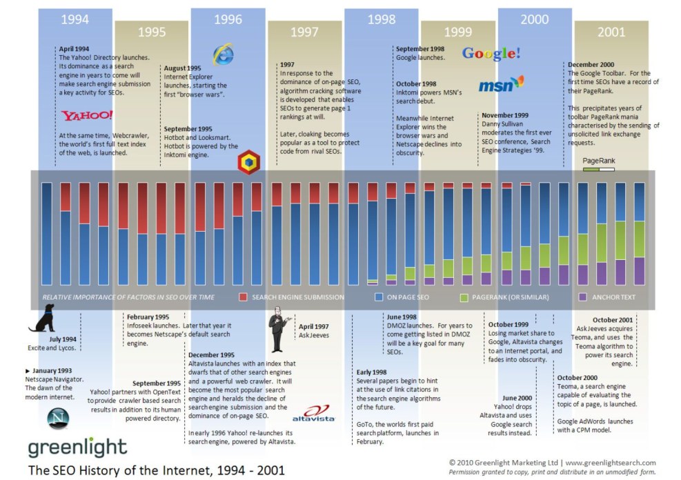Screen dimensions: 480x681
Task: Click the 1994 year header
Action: pyautogui.click(x=75, y=19)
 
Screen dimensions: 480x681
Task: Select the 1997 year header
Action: pyautogui.click(x=304, y=32)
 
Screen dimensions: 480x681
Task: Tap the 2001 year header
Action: pyautogui.click(x=611, y=32)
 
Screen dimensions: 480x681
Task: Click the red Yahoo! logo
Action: pyautogui.click(x=87, y=115)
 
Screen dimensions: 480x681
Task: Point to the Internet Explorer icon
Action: pyautogui.click(x=223, y=54)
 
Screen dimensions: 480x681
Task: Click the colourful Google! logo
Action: pyautogui.click(x=491, y=53)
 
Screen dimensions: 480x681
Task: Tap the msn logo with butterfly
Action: pyautogui.click(x=501, y=85)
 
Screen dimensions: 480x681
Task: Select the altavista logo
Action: pyautogui.click(x=313, y=413)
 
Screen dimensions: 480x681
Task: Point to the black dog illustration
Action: pyautogui.click(x=43, y=319)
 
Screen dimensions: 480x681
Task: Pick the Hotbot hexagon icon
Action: pyautogui.click(x=248, y=163)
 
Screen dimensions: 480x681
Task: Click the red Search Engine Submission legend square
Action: pyautogui.click(x=243, y=297)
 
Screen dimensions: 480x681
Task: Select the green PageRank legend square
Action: pyautogui.click(x=464, y=297)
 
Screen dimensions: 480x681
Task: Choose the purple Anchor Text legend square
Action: pyautogui.click(x=583, y=297)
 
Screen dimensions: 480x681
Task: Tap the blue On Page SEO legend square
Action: pyautogui.click(x=379, y=297)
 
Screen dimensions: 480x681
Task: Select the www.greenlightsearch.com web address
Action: pyautogui.click(x=611, y=463)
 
